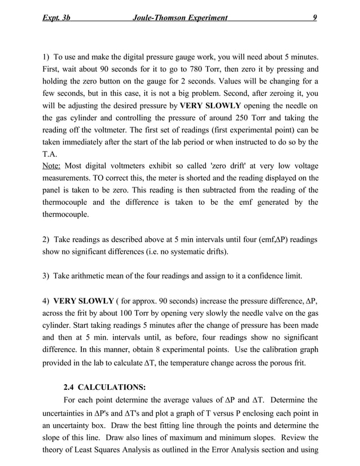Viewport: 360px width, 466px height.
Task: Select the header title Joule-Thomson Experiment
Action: tap(179, 18)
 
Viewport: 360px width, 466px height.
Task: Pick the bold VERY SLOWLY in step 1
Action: tap(210, 105)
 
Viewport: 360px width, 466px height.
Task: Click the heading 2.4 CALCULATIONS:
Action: tap(104, 387)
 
